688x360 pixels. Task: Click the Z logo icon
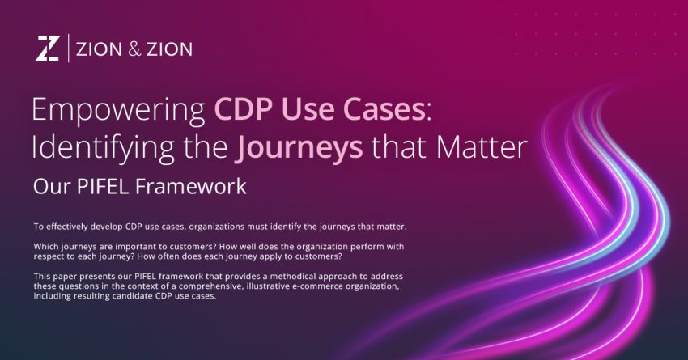[x=47, y=49]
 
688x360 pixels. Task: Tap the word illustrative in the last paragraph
[x=306, y=286]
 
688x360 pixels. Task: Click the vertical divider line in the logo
[x=68, y=49]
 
